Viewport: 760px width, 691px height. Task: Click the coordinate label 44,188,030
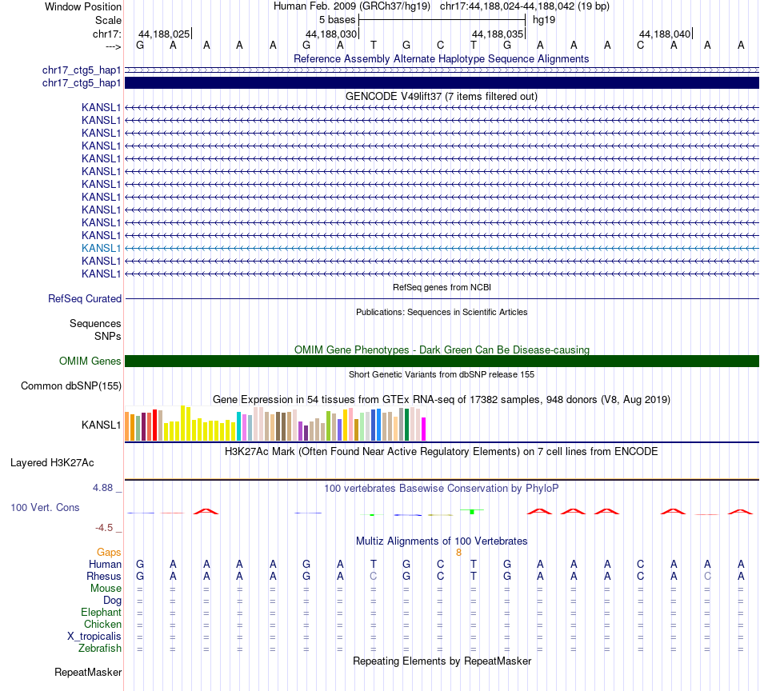pos(331,34)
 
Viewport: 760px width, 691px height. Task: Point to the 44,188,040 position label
pos(665,34)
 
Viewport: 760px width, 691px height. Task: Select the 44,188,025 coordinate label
pos(164,34)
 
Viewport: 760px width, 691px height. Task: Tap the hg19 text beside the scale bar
pos(544,19)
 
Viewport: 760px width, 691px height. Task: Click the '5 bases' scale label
pos(337,19)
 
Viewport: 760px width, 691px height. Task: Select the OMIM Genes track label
pos(90,361)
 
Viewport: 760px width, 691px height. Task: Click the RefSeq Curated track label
pos(85,299)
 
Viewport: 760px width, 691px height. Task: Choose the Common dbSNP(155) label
pos(71,386)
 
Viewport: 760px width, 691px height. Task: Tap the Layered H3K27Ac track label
pos(52,463)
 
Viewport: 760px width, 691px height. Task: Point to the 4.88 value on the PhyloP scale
pos(106,487)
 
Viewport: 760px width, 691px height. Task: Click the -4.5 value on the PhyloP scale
pos(107,528)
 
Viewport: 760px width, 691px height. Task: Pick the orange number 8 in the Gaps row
pos(459,553)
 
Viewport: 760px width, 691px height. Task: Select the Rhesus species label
pos(104,577)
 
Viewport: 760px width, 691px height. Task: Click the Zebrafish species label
pos(101,649)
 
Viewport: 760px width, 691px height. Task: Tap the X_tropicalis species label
pos(95,637)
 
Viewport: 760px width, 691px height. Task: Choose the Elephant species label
pos(101,613)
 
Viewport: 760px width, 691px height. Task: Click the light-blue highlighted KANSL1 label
pos(102,248)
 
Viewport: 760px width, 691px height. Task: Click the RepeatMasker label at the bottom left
pos(88,673)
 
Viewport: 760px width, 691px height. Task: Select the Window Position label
pos(83,6)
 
